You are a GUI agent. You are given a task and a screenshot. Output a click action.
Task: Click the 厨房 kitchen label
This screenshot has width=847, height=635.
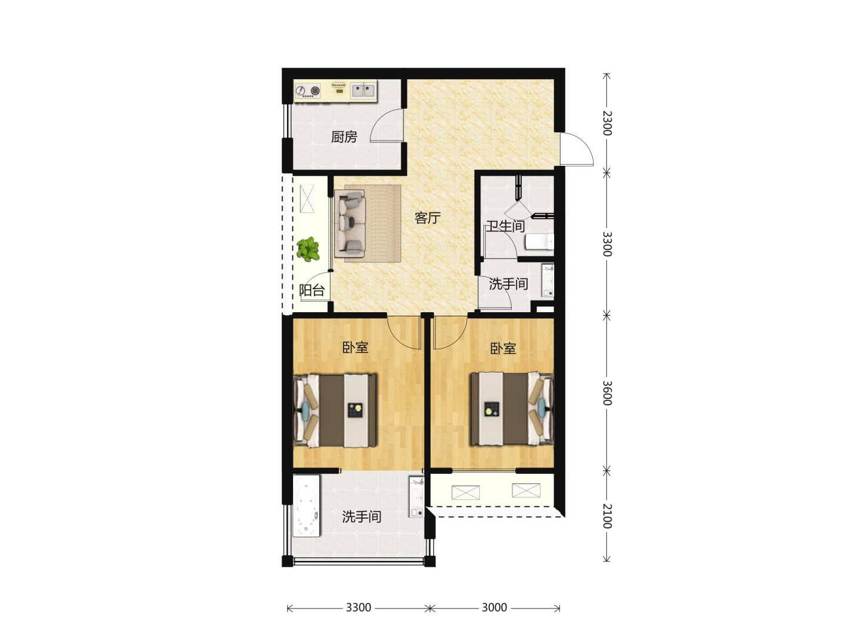[344, 137]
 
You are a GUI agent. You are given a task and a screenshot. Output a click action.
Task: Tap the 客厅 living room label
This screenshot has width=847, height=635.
[427, 218]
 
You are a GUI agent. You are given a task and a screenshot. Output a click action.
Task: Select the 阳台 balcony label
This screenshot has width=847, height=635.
[312, 290]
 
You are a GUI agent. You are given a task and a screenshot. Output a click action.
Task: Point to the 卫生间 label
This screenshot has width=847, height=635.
[505, 226]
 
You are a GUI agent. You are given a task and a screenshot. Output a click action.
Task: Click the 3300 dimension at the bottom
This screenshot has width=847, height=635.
[358, 607]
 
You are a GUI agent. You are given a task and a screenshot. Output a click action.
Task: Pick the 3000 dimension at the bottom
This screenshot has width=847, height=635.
[494, 607]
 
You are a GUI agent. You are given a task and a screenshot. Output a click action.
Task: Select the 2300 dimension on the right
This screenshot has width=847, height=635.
[607, 123]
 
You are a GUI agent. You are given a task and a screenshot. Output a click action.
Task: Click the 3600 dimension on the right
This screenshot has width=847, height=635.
[607, 393]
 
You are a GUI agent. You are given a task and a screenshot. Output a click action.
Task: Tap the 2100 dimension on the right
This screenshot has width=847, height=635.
[607, 516]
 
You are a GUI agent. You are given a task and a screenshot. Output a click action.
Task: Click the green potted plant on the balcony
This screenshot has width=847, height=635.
[308, 249]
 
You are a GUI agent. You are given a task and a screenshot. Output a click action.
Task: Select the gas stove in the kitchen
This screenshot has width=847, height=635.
[308, 91]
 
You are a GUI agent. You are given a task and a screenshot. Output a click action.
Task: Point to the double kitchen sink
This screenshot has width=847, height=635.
[363, 91]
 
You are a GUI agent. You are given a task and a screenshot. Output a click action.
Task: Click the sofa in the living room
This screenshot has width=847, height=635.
[350, 223]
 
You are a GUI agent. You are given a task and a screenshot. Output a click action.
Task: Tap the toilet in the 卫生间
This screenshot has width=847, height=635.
[539, 242]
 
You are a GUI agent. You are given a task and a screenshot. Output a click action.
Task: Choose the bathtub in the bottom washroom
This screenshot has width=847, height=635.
[306, 506]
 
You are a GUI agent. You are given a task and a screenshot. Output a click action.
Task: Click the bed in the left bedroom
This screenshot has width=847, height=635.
[335, 410]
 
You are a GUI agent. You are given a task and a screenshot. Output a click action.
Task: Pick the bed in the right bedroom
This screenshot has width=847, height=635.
[512, 409]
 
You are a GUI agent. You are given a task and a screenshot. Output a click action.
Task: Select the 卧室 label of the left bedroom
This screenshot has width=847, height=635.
[355, 347]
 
